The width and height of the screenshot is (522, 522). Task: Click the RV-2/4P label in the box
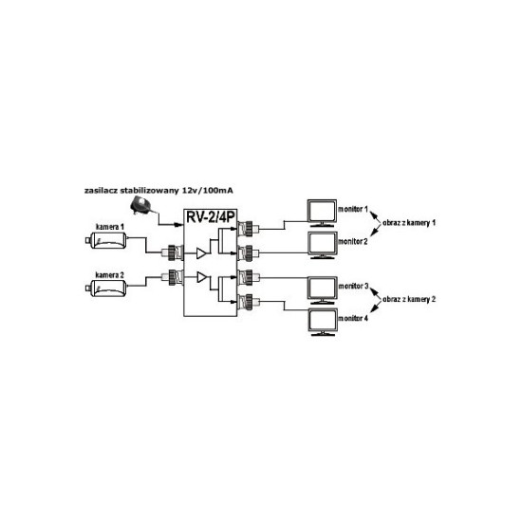[211, 217]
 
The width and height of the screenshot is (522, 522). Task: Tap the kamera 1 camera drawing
[106, 240]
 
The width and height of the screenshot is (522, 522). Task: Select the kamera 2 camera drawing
[106, 288]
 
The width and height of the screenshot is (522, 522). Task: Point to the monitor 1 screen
[322, 213]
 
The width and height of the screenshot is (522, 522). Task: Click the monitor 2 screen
[322, 245]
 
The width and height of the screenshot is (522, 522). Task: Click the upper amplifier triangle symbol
[201, 253]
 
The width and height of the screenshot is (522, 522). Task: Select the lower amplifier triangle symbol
[202, 277]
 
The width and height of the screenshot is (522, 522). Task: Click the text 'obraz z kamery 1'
[409, 223]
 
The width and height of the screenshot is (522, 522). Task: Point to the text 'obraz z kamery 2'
[409, 299]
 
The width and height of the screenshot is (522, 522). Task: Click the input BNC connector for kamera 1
[172, 253]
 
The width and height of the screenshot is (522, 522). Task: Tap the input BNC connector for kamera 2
[172, 277]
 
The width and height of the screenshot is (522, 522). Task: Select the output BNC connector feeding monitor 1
[248, 229]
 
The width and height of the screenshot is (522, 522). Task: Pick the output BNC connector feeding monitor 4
[248, 302]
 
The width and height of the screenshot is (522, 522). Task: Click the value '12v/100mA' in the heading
[208, 191]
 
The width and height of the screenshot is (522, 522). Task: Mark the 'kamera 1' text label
[110, 227]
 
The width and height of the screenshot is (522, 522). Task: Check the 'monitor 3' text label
[353, 286]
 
